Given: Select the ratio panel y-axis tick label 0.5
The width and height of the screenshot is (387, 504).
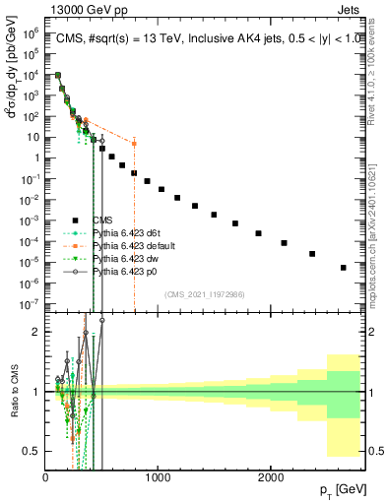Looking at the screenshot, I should (32, 450).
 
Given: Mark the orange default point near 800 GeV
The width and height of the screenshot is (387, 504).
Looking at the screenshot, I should (134, 144).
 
